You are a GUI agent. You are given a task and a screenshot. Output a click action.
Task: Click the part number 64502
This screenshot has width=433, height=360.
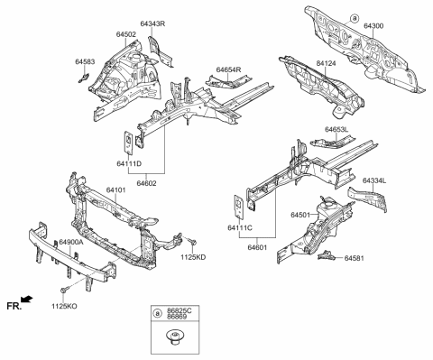(x=126, y=33)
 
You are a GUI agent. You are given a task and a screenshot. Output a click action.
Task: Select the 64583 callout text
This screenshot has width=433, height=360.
(x=86, y=61)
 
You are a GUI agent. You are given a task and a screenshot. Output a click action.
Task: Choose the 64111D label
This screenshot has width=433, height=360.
(x=129, y=163)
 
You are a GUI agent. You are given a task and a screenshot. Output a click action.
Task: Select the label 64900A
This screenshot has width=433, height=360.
(x=71, y=243)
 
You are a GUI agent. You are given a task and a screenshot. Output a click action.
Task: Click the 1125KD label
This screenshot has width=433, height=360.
(x=193, y=258)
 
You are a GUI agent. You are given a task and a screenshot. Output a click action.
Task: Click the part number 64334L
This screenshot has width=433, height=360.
(x=376, y=180)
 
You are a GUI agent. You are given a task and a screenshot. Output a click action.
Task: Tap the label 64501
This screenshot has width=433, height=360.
(x=300, y=215)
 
